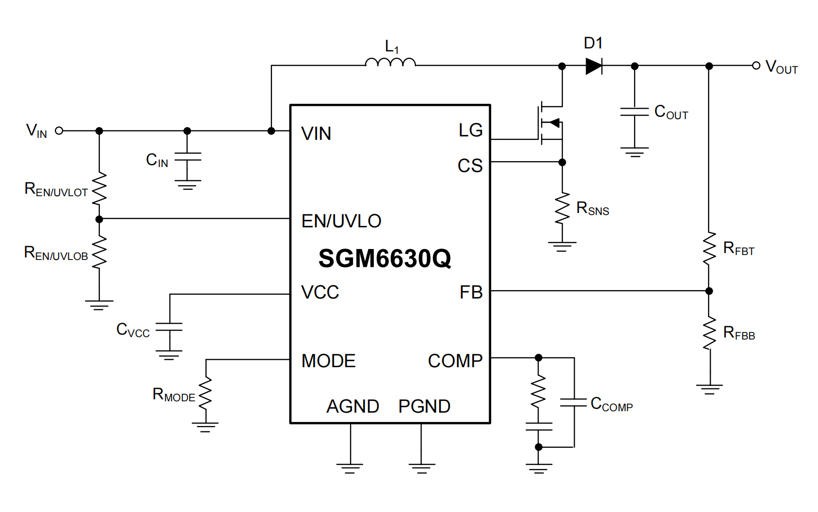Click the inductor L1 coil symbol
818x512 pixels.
coord(390,62)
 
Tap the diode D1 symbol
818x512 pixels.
coord(593,65)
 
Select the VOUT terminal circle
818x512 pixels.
coord(756,65)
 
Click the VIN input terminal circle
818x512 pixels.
coord(59,130)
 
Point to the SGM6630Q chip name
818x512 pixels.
coord(384,258)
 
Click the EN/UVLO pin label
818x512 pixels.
coord(341,221)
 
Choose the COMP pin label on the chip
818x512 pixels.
coord(455,361)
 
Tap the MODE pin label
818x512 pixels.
coord(328,361)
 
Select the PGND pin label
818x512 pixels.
coord(424,406)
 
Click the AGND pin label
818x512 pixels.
coord(353,406)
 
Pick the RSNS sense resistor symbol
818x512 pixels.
coord(562,209)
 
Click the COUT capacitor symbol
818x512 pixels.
coord(635,112)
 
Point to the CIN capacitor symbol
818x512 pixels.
coord(187,157)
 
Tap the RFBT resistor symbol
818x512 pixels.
coord(710,248)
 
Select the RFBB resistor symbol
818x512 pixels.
coord(710,333)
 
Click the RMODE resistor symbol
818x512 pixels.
coord(206,393)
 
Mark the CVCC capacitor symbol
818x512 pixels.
coord(169,327)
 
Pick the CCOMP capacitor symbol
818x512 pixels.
coord(574,402)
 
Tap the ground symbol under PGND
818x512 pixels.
coord(422,468)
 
